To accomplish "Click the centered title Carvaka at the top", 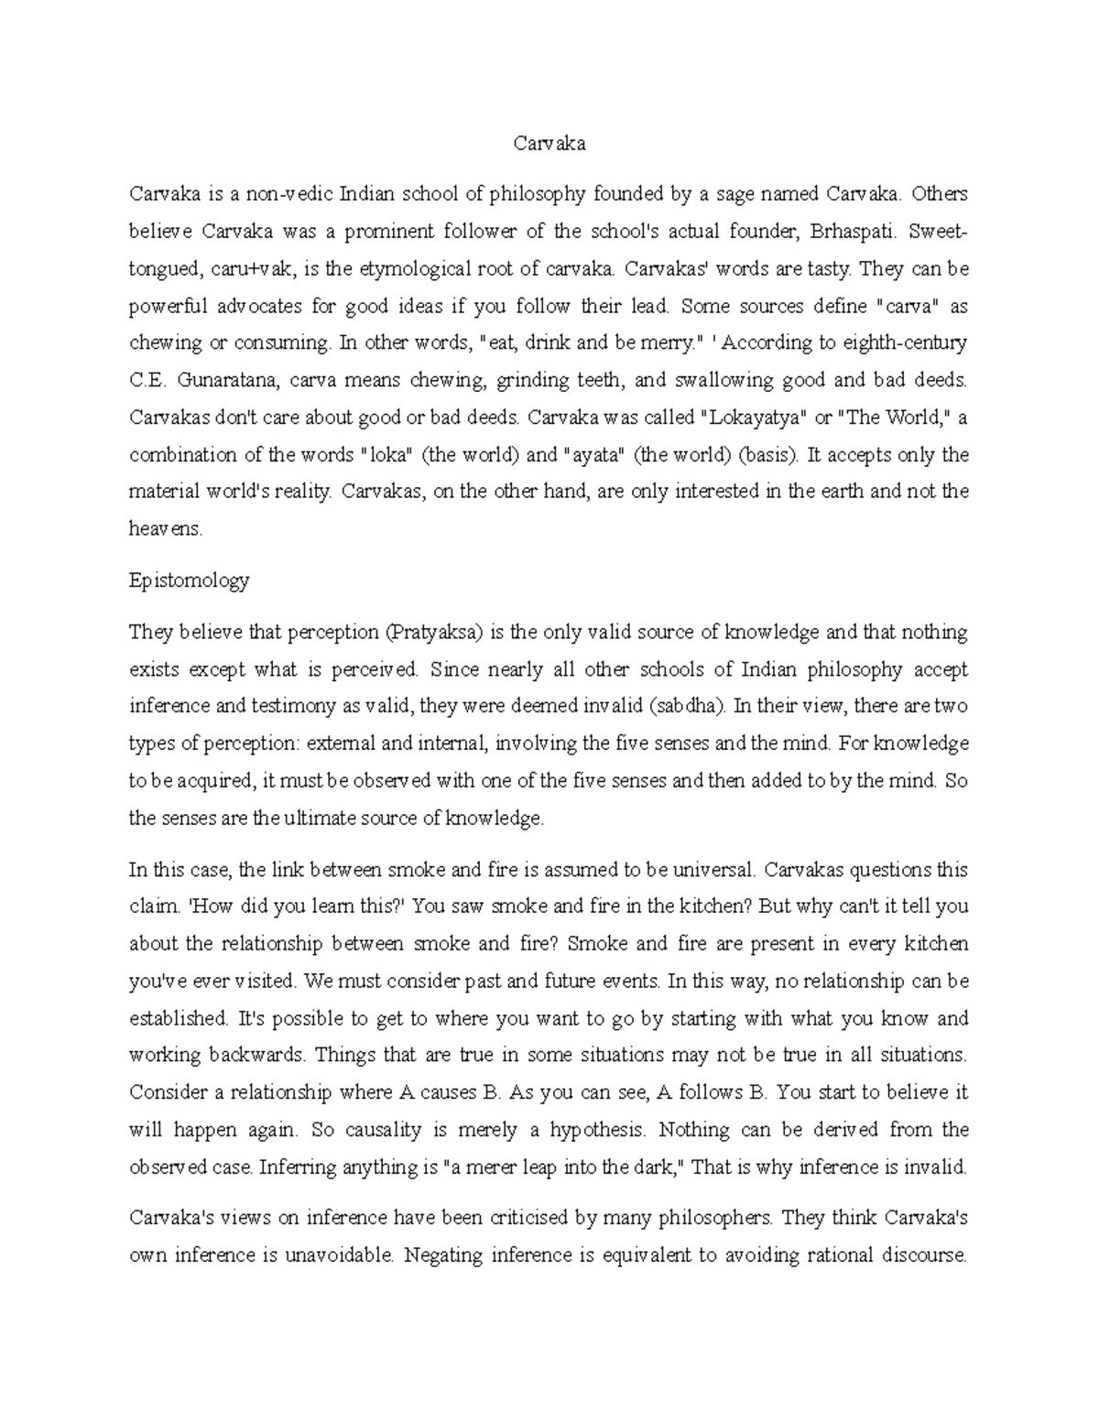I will pyautogui.click(x=549, y=143).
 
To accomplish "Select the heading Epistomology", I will pyautogui.click(x=189, y=581).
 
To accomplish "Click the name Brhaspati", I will pyautogui.click(x=852, y=232).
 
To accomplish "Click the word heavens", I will pyautogui.click(x=166, y=528).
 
